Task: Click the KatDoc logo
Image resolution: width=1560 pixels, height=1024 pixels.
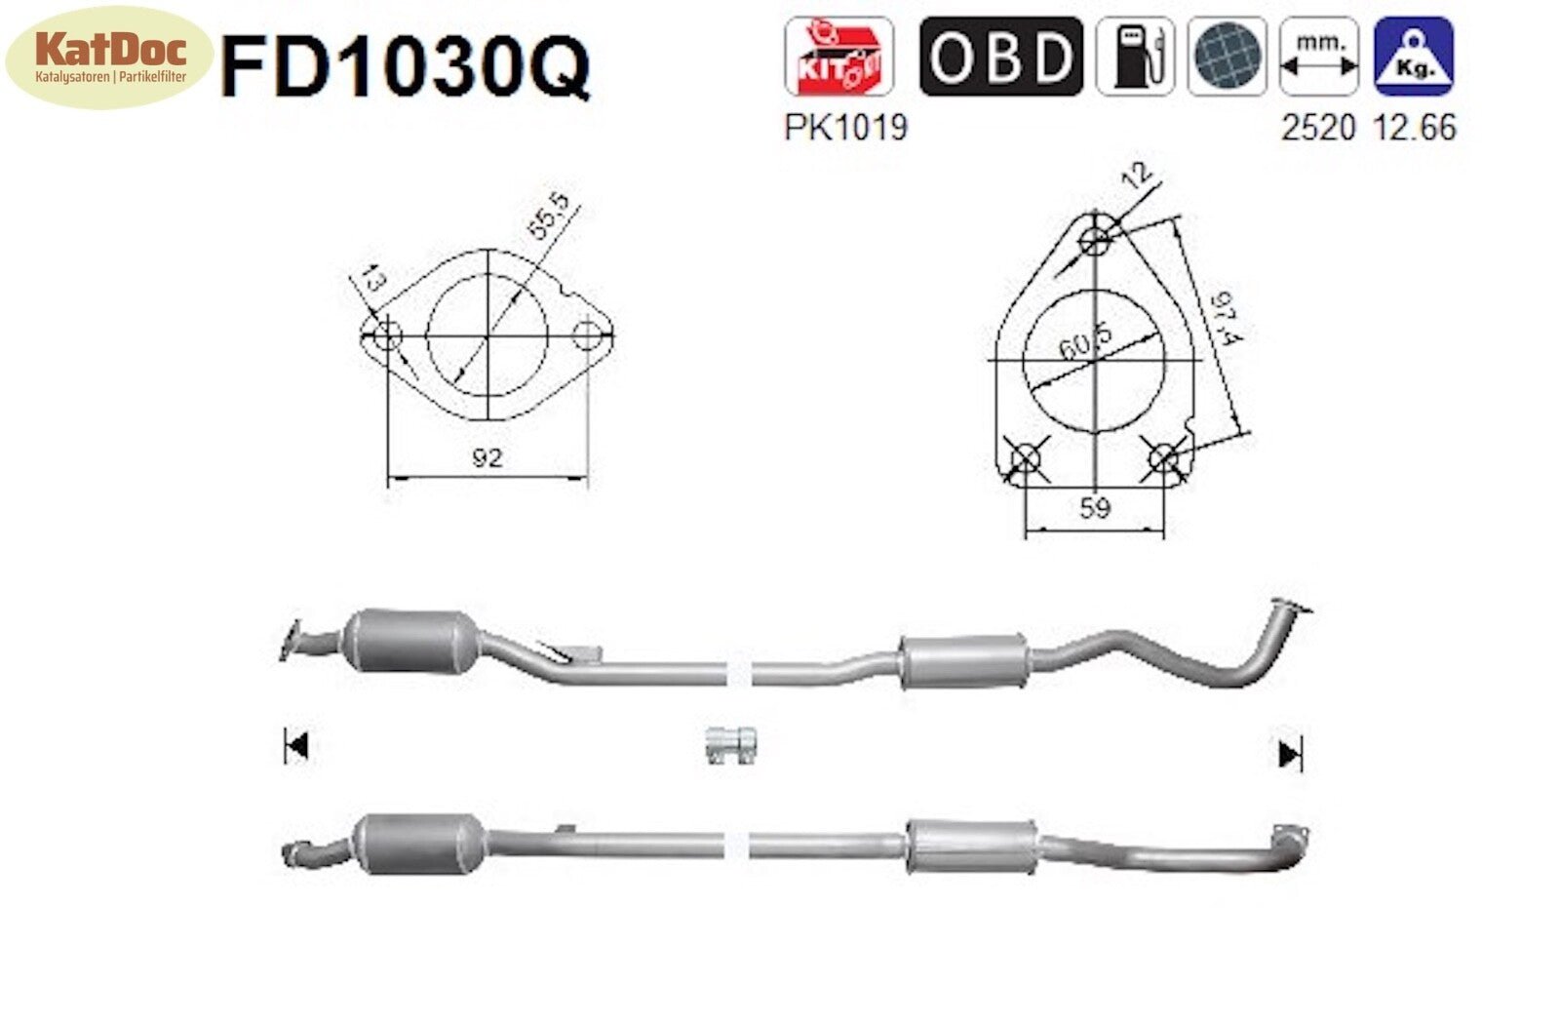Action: (x=108, y=56)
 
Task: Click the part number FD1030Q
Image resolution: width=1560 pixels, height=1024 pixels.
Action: (x=405, y=66)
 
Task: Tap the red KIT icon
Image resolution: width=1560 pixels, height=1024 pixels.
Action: (x=838, y=57)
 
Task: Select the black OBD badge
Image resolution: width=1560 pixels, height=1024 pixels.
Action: (x=1000, y=57)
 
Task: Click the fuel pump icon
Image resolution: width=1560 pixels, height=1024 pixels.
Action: (x=1134, y=57)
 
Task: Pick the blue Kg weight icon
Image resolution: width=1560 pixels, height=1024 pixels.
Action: (x=1413, y=57)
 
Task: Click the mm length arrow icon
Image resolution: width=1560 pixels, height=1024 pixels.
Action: (x=1319, y=57)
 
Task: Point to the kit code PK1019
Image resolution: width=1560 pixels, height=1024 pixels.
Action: (x=845, y=127)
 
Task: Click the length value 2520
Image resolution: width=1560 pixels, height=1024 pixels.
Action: (x=1318, y=127)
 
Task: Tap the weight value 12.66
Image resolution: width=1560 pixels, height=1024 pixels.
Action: (x=1414, y=127)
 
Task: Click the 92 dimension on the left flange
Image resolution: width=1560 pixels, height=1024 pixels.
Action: (x=487, y=456)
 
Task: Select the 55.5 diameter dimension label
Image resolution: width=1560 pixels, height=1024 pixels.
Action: (x=548, y=217)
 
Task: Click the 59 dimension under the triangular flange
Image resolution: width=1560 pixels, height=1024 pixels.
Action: (x=1094, y=508)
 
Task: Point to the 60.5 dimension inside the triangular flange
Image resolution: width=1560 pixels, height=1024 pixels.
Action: (x=1084, y=342)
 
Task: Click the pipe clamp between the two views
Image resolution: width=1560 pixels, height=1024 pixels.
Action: (x=731, y=746)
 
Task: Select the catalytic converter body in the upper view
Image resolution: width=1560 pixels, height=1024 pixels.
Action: (x=413, y=641)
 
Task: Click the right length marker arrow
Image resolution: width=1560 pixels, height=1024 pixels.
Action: (x=1289, y=753)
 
